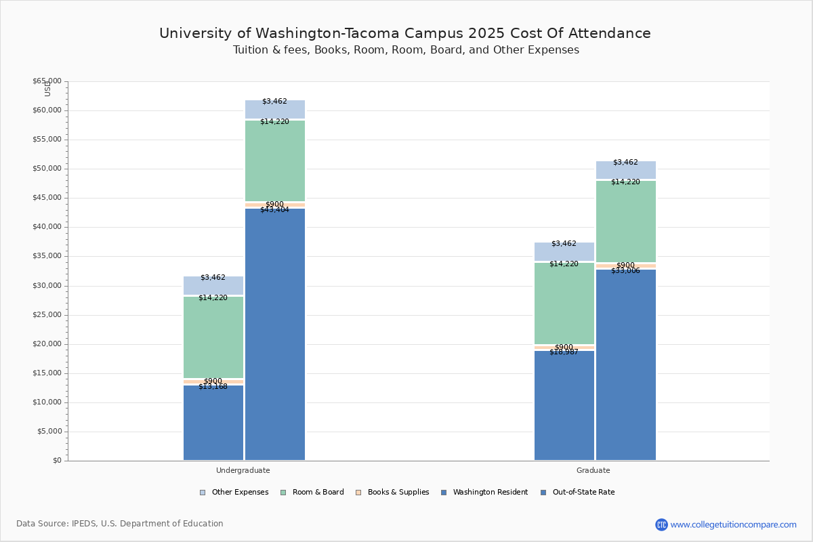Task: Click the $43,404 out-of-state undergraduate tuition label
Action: [x=274, y=210]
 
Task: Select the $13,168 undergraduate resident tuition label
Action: [x=213, y=386]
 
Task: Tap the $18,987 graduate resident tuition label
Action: [x=564, y=352]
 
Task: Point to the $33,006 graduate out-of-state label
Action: [x=625, y=270]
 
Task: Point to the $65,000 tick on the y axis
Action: [x=47, y=81]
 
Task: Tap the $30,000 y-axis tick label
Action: [x=47, y=286]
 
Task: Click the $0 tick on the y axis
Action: [x=56, y=461]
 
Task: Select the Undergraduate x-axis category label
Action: [x=243, y=470]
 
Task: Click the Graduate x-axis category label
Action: [x=593, y=470]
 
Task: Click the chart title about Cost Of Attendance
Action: [x=405, y=33]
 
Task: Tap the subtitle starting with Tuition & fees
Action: [x=405, y=50]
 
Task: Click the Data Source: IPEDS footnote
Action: [x=120, y=524]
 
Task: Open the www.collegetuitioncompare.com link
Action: [x=733, y=524]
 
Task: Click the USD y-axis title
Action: [x=47, y=89]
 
